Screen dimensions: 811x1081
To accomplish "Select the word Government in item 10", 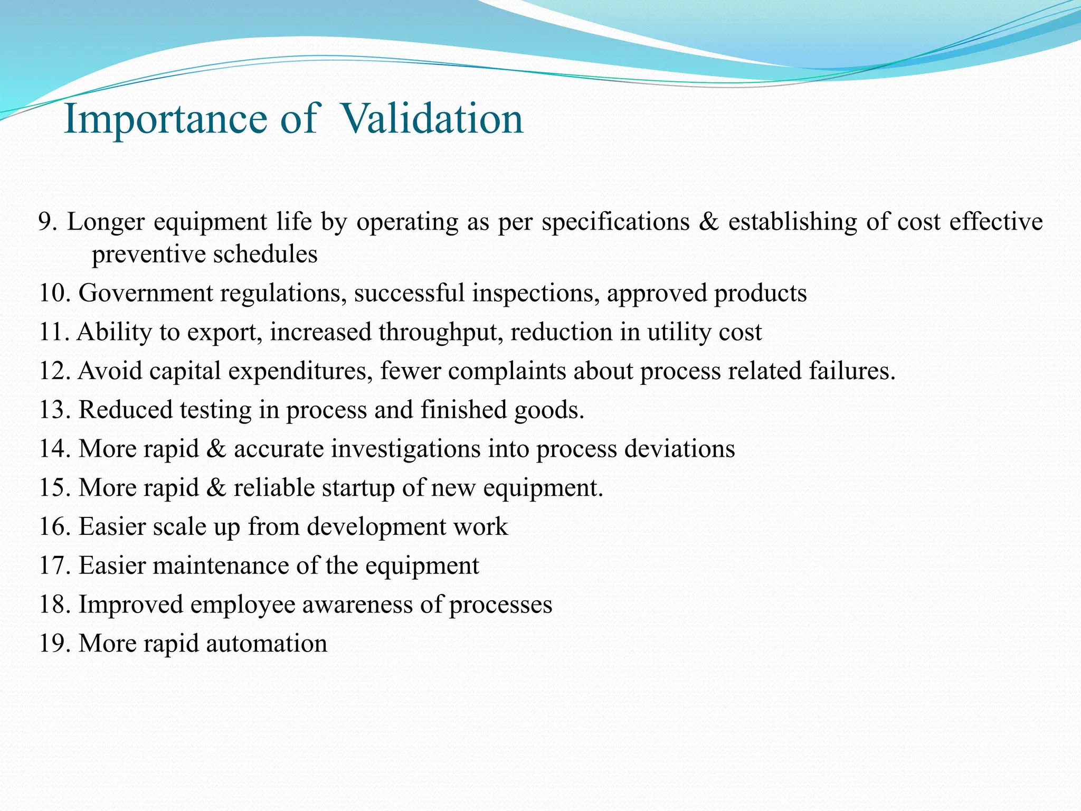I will pyautogui.click(x=146, y=293).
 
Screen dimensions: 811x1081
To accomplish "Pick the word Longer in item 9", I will pyautogui.click(x=106, y=222).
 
